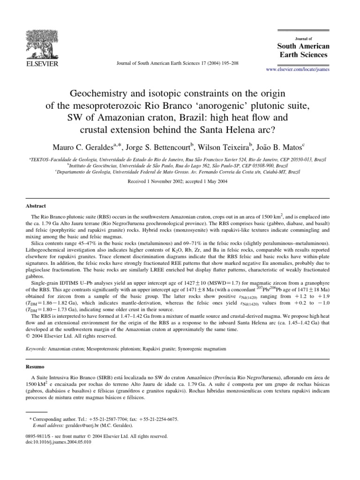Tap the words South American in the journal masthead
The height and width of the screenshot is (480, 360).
(304, 46)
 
